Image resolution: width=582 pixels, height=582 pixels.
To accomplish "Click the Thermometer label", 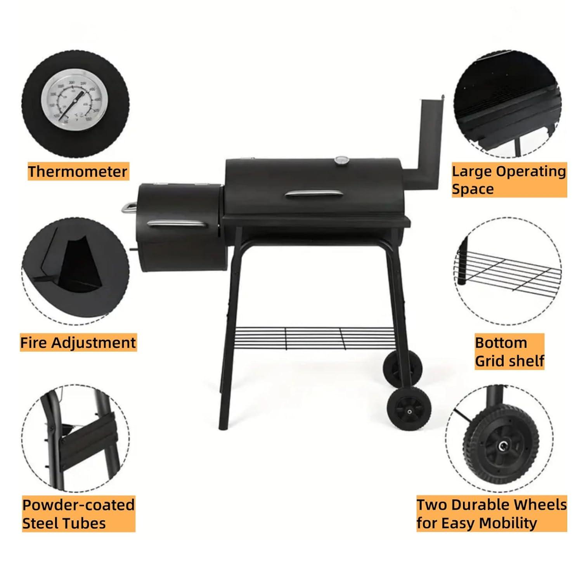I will pyautogui.click(x=78, y=171).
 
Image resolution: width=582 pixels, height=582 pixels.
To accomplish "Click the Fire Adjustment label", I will pyautogui.click(x=78, y=343).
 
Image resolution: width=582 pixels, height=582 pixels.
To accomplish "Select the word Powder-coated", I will pyautogui.click(x=78, y=505).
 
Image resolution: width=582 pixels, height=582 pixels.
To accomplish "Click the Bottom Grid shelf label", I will pyautogui.click(x=509, y=352).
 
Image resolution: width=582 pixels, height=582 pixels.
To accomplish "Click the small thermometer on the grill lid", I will pyautogui.click(x=341, y=160).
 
